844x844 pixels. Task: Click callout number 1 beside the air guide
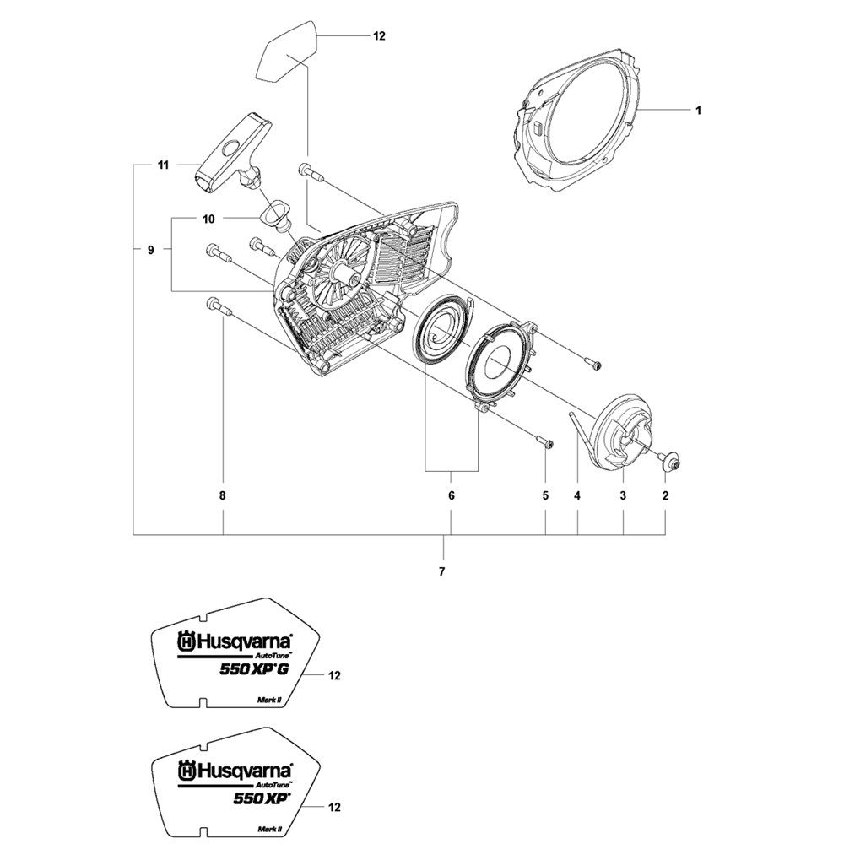tap(698, 111)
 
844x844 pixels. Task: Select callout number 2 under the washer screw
tap(665, 495)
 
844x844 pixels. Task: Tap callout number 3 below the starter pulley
tap(623, 495)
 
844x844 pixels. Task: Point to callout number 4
tap(577, 495)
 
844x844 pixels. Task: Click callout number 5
tap(545, 495)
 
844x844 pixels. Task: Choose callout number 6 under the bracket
tap(451, 495)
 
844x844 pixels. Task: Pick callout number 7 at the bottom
tap(442, 572)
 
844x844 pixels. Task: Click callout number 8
tap(222, 495)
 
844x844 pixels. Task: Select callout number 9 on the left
tap(151, 250)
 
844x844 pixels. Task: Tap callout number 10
tap(208, 219)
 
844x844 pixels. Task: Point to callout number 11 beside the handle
tap(163, 165)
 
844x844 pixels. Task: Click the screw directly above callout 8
tap(218, 306)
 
